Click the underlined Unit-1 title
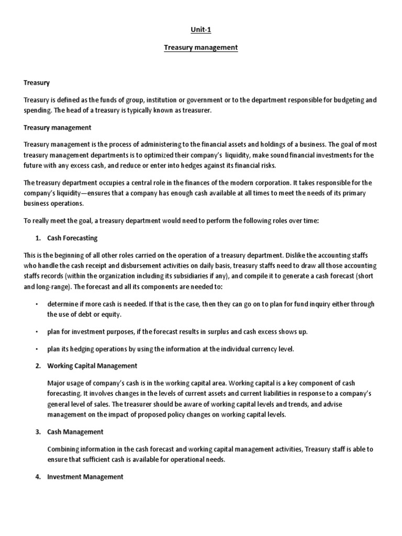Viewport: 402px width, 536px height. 201,30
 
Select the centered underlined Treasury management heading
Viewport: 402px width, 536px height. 201,48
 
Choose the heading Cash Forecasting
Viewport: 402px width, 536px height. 72,238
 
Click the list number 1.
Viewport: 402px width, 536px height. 38,238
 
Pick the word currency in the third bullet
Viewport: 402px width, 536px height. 266,349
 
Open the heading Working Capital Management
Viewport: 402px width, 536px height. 92,366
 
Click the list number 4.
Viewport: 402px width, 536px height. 38,477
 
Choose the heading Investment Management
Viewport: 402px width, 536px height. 85,477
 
